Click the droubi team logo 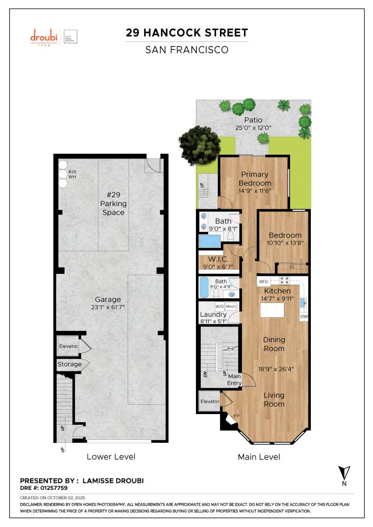(x=43, y=36)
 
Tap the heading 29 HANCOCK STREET (x=186, y=33)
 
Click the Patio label (x=253, y=120)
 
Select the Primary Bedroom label (x=255, y=179)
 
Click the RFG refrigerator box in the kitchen (x=264, y=281)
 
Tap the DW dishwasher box (x=304, y=317)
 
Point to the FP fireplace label (x=236, y=416)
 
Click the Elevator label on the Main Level (x=210, y=401)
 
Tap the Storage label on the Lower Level (x=70, y=364)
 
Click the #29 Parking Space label (x=113, y=203)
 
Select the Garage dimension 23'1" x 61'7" (x=108, y=307)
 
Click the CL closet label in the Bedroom (x=292, y=267)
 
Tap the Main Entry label (x=235, y=380)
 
